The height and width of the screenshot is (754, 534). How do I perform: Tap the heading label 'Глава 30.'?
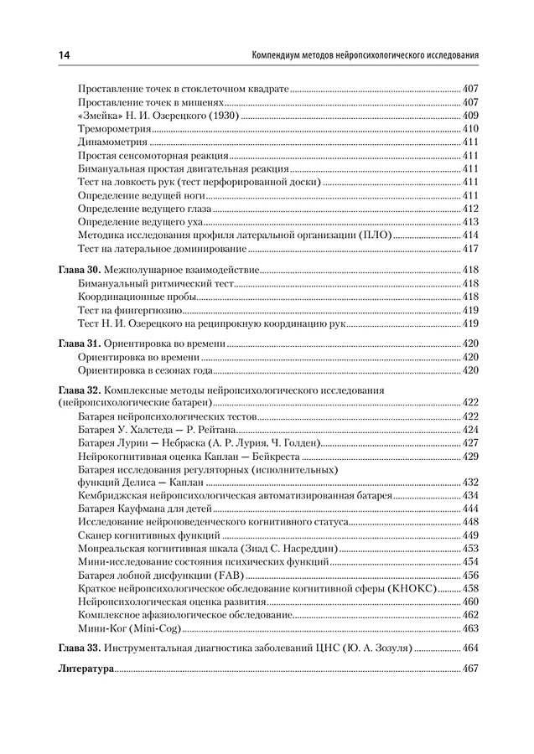pos(80,271)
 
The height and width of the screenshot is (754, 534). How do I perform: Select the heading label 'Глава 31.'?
pos(80,343)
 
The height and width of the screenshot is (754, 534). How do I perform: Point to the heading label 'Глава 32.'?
pos(80,390)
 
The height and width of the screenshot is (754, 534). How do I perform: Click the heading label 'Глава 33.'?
pos(80,648)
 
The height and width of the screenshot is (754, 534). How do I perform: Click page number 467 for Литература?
pos(469,670)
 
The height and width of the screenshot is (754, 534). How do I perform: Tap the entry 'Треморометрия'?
pos(114,129)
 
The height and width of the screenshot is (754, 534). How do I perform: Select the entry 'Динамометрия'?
pos(112,142)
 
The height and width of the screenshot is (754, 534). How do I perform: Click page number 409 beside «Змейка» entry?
pos(469,116)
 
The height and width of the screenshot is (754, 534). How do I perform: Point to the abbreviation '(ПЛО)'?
pos(375,236)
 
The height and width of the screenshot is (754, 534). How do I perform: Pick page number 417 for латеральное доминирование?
pos(469,250)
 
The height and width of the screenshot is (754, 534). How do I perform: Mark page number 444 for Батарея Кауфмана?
pos(469,508)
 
